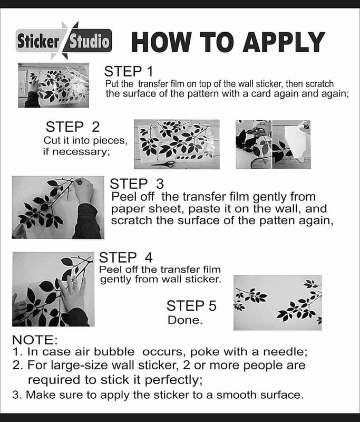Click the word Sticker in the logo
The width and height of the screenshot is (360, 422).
point(38,42)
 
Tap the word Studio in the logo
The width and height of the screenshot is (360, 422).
point(89,42)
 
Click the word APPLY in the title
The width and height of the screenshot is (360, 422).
point(284,42)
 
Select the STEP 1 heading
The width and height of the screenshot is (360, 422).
point(128,71)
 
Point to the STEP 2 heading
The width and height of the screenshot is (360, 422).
point(73,127)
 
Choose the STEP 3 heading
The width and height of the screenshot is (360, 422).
point(137,184)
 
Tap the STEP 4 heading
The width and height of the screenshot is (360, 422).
point(126,257)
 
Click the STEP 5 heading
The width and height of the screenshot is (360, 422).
point(191,306)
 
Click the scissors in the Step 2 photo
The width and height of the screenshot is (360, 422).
point(163,164)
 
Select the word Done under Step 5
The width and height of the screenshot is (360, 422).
point(185,320)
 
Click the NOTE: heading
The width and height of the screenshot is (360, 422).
point(35,340)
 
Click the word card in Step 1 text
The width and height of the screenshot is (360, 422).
point(260,94)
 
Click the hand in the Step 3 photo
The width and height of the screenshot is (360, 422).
point(84,190)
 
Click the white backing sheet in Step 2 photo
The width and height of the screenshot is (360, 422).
point(294,142)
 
